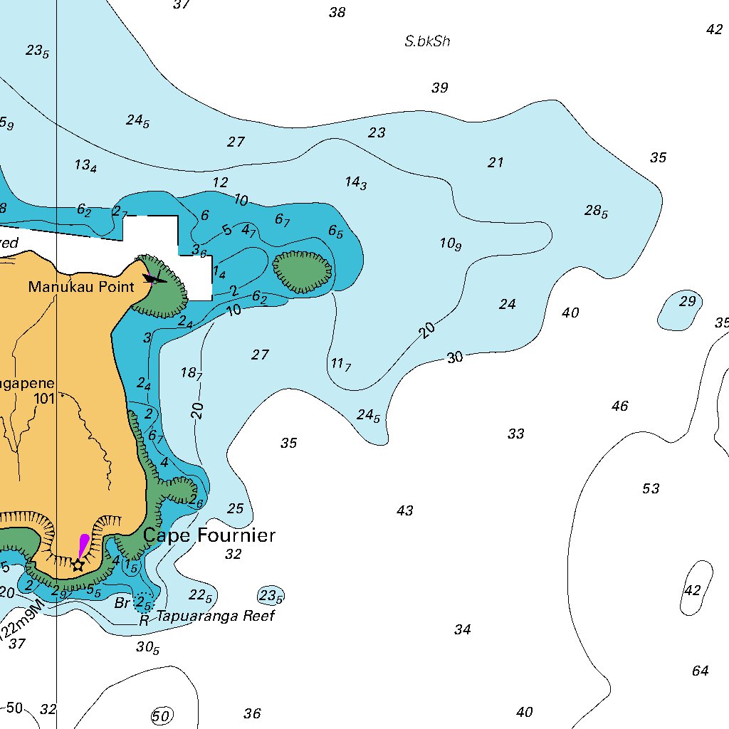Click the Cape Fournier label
point(209,535)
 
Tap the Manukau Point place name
point(80,287)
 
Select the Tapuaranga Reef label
point(216,616)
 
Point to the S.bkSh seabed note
point(427,41)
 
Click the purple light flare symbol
point(83,545)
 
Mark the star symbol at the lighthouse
point(78,565)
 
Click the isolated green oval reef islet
point(303,271)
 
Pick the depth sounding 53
point(651,488)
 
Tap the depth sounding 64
point(701,671)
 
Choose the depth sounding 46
point(620,406)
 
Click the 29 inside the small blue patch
point(687,301)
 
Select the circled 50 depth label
point(162,716)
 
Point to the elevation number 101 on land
point(44,399)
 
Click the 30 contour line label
point(455,357)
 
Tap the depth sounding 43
point(404,510)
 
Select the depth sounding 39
point(439,88)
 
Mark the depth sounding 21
point(495,162)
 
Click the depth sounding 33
point(516,434)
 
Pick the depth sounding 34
point(463,629)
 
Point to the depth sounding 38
point(337,12)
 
